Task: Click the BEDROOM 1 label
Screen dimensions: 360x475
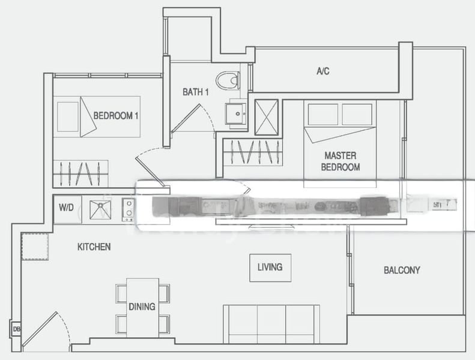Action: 116,115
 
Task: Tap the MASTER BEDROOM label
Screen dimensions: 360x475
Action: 340,161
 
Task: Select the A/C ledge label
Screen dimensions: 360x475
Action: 322,71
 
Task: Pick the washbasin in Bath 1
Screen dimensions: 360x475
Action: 235,112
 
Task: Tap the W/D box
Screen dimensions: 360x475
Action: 66,208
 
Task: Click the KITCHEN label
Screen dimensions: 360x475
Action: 94,247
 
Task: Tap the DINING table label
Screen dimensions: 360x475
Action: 142,307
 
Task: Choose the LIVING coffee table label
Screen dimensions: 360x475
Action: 270,267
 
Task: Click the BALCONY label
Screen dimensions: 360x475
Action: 402,270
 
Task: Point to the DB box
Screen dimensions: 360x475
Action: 16,329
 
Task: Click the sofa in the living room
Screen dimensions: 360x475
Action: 270,324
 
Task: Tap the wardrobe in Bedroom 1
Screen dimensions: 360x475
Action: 80,173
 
